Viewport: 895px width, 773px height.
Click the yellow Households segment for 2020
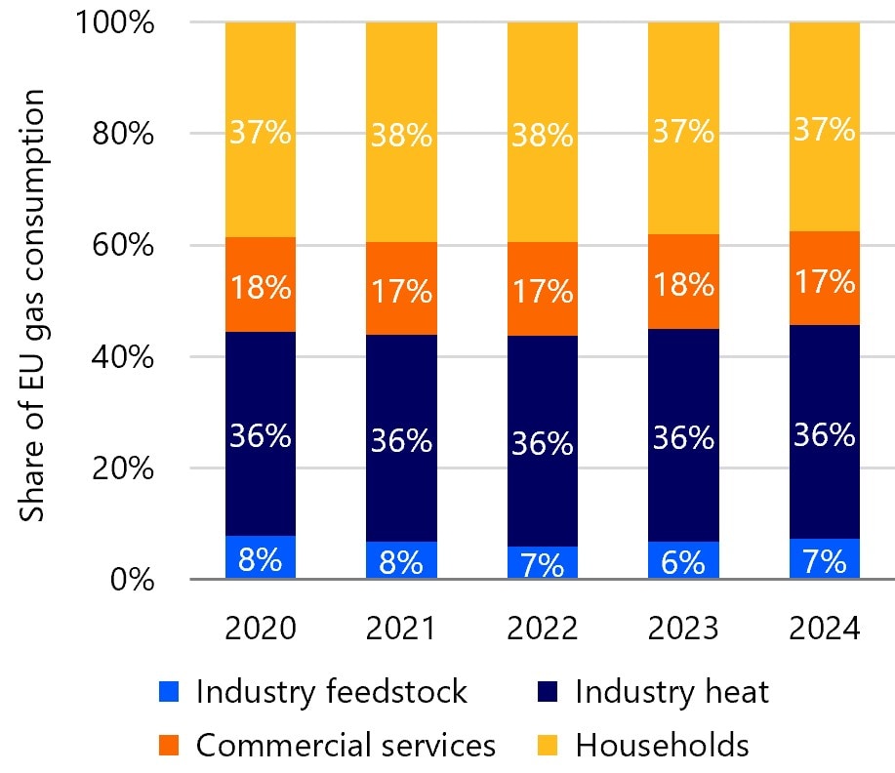[x=261, y=130]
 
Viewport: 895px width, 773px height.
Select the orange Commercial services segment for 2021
[x=401, y=288]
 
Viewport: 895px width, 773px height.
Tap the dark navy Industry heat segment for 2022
[x=543, y=441]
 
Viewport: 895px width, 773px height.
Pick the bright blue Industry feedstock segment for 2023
[x=683, y=560]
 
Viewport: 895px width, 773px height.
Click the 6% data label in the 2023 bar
[x=683, y=562]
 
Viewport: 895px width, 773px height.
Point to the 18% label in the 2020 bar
[x=261, y=287]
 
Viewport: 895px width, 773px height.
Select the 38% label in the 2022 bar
[x=543, y=136]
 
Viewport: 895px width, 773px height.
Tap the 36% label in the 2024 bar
[x=824, y=434]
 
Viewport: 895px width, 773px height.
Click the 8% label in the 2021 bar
[x=401, y=562]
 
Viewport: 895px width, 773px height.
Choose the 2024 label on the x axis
[x=824, y=628]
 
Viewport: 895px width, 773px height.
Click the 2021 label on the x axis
[x=401, y=628]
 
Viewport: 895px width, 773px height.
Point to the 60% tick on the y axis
[x=123, y=245]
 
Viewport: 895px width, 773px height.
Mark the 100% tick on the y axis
[x=115, y=22]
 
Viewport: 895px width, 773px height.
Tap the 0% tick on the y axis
[x=132, y=580]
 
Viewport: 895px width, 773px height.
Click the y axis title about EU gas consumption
[x=32, y=305]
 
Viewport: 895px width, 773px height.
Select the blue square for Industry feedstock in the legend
[x=169, y=691]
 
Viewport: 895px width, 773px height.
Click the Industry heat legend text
[x=671, y=692]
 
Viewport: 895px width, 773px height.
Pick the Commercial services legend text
[x=346, y=745]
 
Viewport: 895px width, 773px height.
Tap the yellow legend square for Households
[x=548, y=746]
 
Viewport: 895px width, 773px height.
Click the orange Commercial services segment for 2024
[x=824, y=278]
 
